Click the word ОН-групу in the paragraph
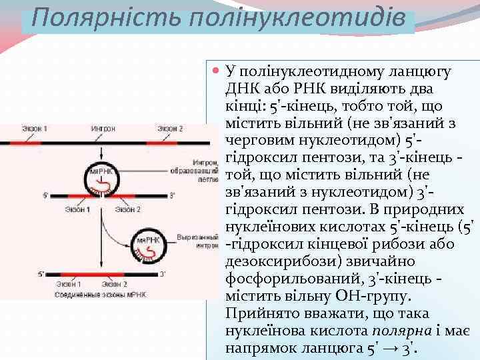(379, 296)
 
